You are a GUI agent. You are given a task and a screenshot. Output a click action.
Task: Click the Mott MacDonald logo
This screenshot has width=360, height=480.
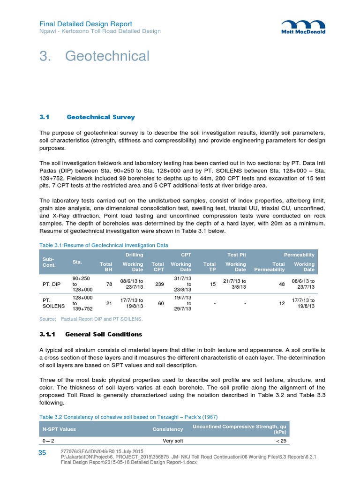(x=303, y=27)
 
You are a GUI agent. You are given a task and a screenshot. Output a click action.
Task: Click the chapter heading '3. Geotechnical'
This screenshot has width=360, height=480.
(x=94, y=56)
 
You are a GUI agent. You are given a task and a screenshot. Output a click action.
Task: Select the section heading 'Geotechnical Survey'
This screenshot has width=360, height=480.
(x=100, y=117)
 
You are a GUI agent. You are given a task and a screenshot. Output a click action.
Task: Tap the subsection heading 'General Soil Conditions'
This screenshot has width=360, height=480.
(x=104, y=334)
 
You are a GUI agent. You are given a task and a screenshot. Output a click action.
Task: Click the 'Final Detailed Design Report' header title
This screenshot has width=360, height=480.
(x=85, y=24)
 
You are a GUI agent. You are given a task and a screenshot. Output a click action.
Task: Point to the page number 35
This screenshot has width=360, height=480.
(x=42, y=452)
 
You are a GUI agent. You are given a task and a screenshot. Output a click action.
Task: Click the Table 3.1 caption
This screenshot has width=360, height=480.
(x=103, y=245)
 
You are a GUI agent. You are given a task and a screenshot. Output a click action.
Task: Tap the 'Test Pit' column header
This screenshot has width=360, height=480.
(x=236, y=254)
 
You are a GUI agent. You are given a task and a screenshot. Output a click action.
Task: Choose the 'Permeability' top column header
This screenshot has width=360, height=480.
(x=299, y=254)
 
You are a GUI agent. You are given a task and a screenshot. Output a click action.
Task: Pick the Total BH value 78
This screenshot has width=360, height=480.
(x=109, y=284)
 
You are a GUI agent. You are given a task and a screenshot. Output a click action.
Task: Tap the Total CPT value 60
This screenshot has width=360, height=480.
(x=161, y=304)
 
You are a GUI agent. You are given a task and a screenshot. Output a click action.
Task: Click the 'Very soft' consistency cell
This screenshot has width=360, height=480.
(x=172, y=441)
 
